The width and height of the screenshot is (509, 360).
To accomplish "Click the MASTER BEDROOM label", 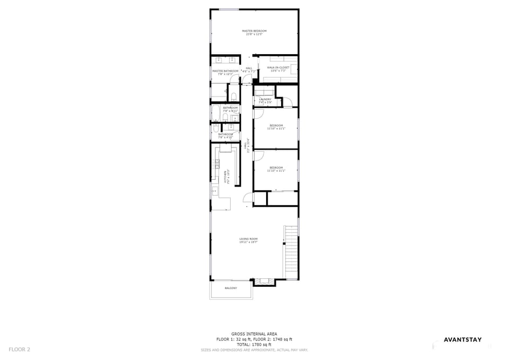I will pyautogui.click(x=254, y=31).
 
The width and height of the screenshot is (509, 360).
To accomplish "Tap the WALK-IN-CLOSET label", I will pyautogui.click(x=278, y=68).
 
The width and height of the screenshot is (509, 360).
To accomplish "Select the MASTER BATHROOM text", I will pyautogui.click(x=225, y=71).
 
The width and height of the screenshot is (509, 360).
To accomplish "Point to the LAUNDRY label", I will pyautogui.click(x=265, y=99).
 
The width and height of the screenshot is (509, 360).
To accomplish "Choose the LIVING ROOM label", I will pyautogui.click(x=248, y=239).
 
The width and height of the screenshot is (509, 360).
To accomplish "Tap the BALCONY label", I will pyautogui.click(x=231, y=288).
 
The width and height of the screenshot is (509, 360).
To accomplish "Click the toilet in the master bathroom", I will pyautogui.click(x=233, y=95).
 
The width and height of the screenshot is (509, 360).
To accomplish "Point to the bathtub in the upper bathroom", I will pyautogui.click(x=216, y=112).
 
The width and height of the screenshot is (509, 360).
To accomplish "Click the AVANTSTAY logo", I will pyautogui.click(x=462, y=340).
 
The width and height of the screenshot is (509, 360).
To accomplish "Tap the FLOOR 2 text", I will pyautogui.click(x=20, y=349).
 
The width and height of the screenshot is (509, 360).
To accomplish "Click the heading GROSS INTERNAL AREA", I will pyautogui.click(x=254, y=334).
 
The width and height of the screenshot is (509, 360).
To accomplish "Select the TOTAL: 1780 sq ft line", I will pyautogui.click(x=254, y=344).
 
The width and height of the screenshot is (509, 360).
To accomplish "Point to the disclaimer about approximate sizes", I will pyautogui.click(x=254, y=350).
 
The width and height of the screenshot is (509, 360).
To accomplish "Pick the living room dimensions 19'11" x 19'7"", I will pyautogui.click(x=248, y=243).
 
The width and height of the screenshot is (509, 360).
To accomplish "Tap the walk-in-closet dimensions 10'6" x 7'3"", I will pyautogui.click(x=278, y=71).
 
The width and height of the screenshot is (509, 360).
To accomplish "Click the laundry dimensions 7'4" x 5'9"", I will pyautogui.click(x=265, y=102).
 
